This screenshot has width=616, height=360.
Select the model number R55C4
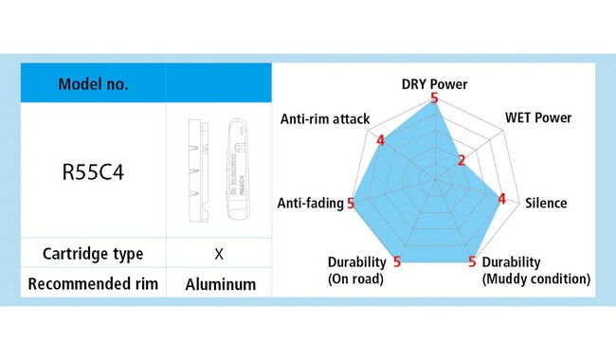point(93,172)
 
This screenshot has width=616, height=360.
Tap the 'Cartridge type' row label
point(93,254)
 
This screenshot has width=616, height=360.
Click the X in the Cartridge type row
point(219,254)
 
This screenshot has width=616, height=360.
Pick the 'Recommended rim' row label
point(93,283)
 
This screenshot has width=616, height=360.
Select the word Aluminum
point(221,284)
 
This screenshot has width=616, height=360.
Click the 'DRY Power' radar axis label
point(434,84)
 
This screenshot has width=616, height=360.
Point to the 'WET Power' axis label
point(538,117)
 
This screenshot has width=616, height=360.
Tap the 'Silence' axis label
point(546,203)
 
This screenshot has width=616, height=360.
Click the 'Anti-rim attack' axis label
point(325,119)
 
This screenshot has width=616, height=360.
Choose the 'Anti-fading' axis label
point(310,203)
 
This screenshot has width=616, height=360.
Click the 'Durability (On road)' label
point(356,271)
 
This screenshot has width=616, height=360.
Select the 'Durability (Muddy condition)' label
point(536,271)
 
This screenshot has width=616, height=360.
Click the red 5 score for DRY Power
point(434,99)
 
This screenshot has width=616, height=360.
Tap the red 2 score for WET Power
point(462,160)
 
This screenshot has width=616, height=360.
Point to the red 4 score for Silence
point(501,199)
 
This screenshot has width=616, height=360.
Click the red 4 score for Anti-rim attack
point(380,140)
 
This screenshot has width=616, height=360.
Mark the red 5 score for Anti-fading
point(351,204)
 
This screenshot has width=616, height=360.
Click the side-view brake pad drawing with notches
point(198,171)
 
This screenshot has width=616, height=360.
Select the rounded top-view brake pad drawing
point(238,169)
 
